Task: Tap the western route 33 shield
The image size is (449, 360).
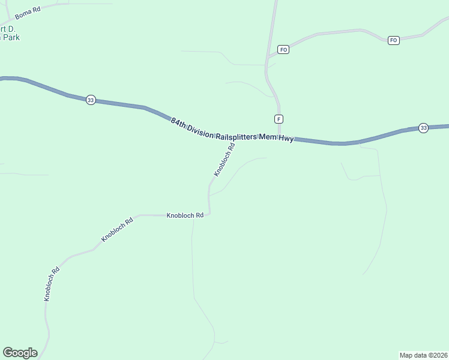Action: click(90, 100)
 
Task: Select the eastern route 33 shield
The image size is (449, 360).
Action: click(423, 128)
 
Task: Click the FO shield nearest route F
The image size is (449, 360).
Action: click(283, 49)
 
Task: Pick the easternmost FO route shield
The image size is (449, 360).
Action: click(393, 40)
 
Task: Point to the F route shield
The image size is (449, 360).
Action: click(279, 119)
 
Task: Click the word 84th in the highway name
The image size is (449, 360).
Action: click(178, 122)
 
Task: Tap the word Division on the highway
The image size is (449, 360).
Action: click(200, 129)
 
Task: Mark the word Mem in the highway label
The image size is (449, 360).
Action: click(267, 137)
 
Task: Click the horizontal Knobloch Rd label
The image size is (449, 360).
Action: click(185, 215)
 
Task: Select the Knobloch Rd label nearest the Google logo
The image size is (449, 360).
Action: click(52, 284)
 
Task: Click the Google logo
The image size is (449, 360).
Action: click(20, 352)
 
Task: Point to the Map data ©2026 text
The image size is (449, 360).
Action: click(423, 355)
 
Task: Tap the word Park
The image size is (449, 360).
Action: click(10, 37)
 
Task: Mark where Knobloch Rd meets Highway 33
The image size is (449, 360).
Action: click(235, 138)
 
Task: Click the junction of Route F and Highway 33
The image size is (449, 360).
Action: click(279, 138)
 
